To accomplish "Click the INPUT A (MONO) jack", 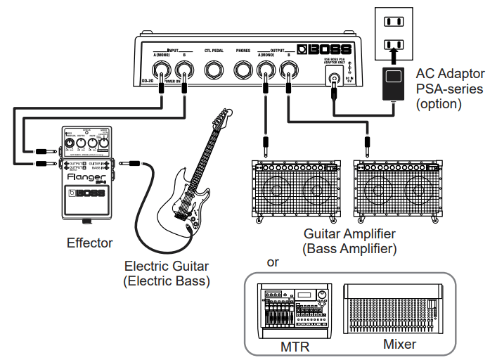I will click(163, 70).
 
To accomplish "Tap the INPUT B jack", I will click(185, 70).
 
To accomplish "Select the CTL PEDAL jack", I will click(214, 70).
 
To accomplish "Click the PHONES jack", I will click(243, 70).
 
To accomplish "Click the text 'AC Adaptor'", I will click(449, 74).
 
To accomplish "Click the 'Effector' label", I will click(89, 243).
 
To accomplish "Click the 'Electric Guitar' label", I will click(167, 266).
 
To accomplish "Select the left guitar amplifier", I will click(299, 190).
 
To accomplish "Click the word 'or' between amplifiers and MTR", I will click(273, 263).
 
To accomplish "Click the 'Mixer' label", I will click(399, 345).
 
